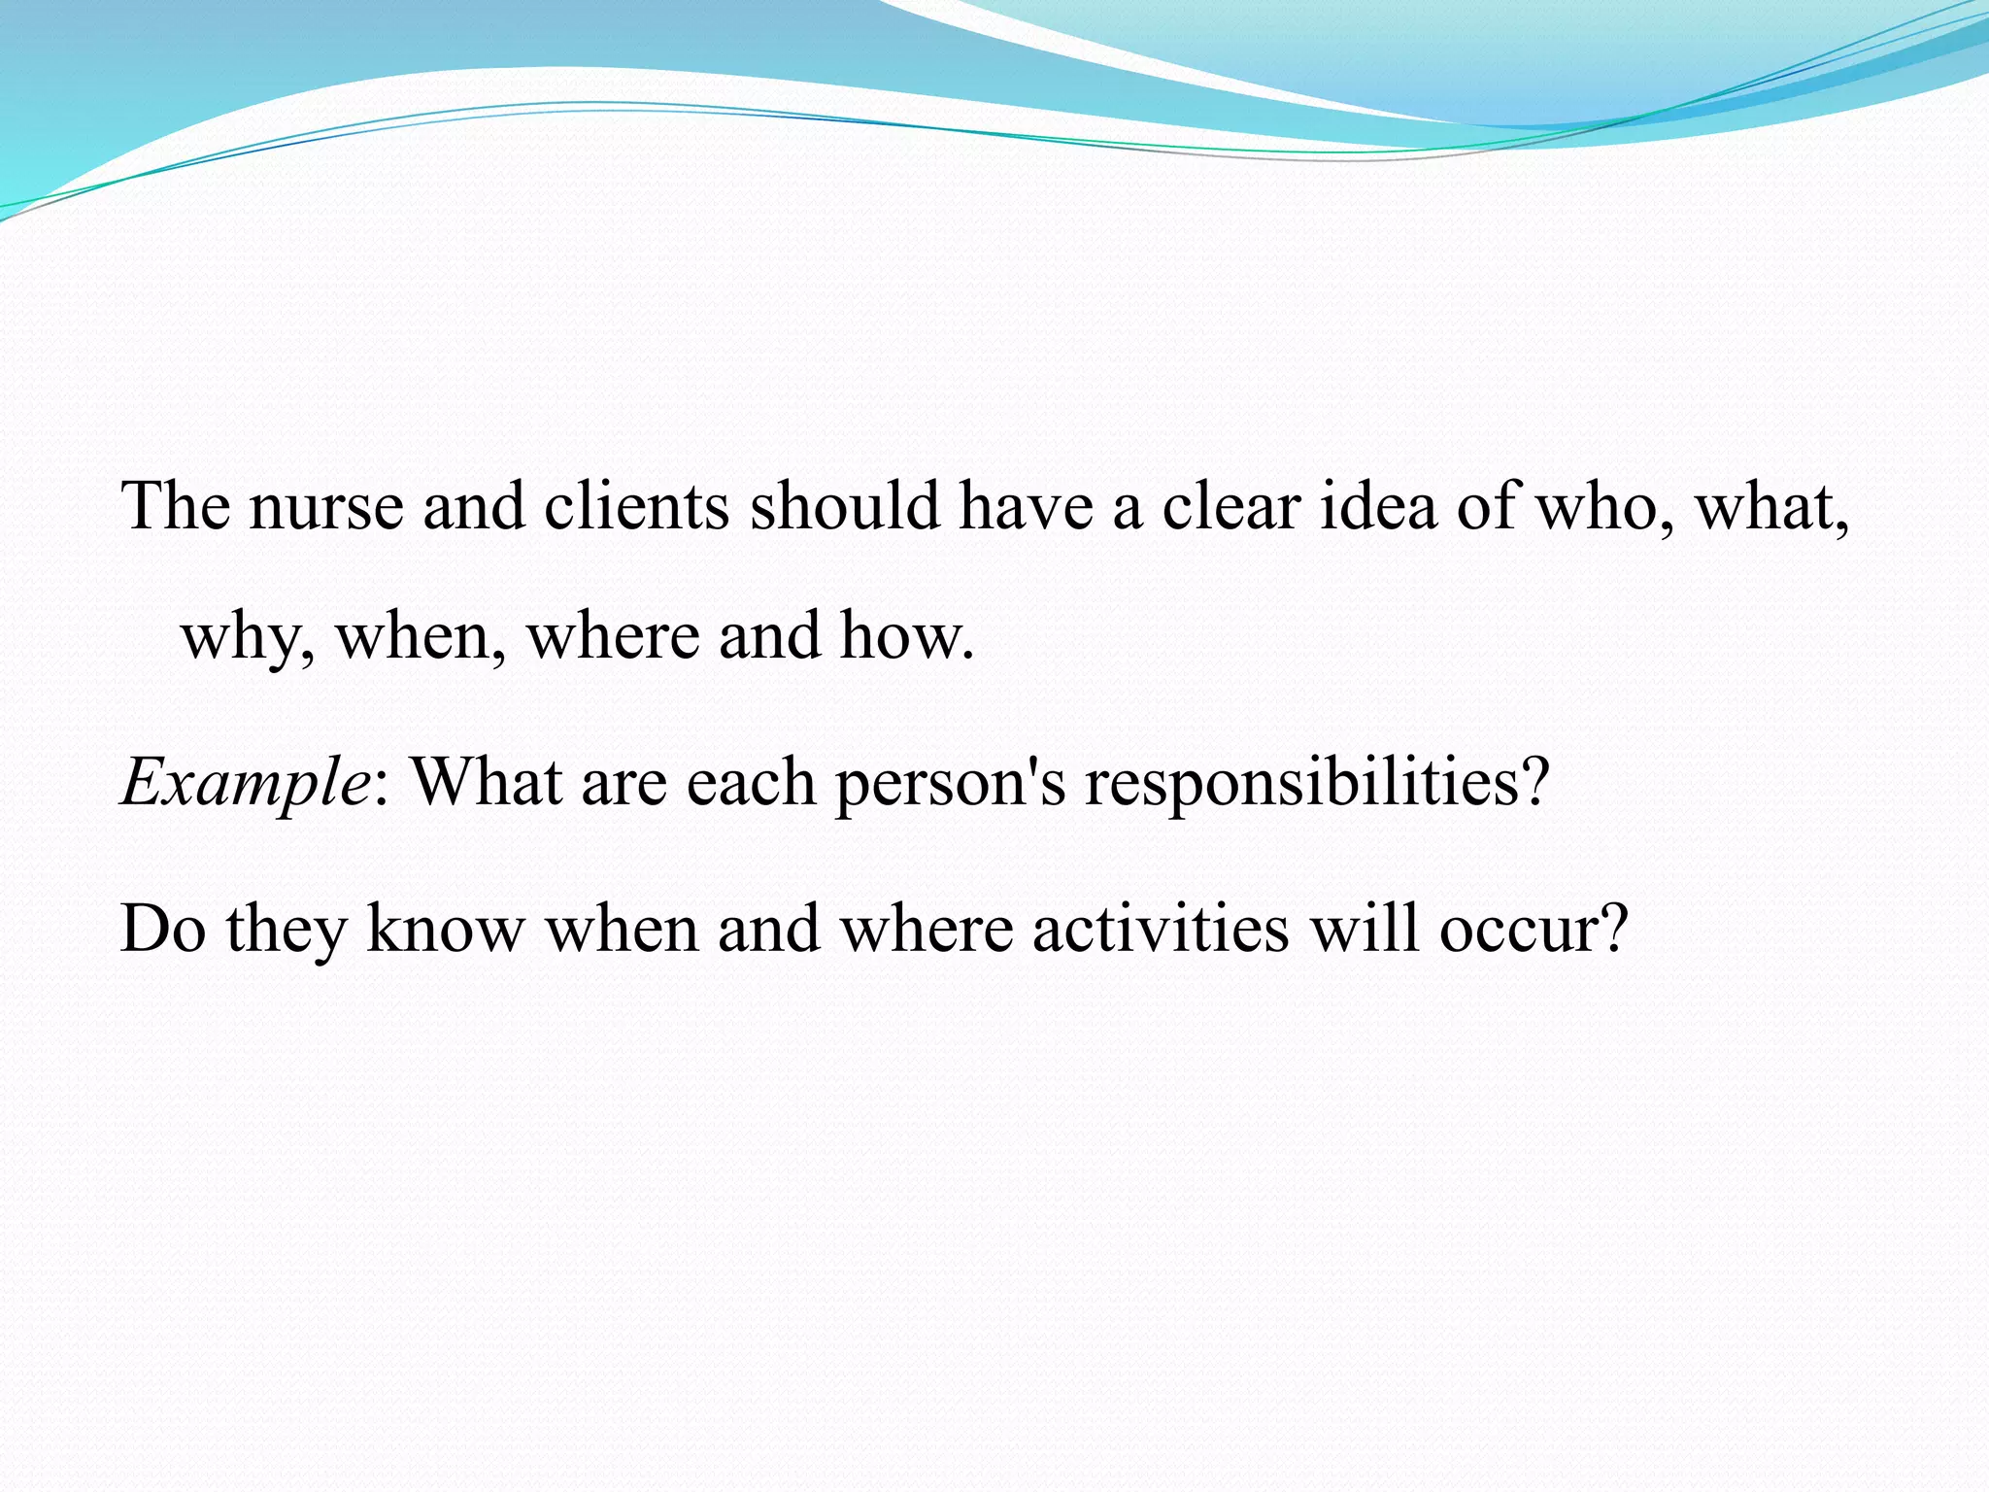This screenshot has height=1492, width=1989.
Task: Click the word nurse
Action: click(325, 507)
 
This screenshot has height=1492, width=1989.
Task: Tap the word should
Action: click(845, 507)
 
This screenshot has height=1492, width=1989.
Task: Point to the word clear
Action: click(1231, 507)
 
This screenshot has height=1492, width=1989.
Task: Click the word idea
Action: click(1378, 507)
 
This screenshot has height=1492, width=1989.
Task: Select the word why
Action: click(248, 637)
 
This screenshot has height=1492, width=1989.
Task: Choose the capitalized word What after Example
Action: click(488, 783)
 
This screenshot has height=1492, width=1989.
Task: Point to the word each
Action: click(751, 783)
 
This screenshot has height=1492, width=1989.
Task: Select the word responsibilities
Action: click(1316, 783)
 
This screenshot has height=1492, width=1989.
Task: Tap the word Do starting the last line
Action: click(162, 930)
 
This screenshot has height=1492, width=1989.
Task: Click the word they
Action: click(287, 930)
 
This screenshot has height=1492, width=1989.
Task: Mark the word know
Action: click(446, 930)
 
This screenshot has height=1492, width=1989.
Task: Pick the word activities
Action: click(1161, 930)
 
